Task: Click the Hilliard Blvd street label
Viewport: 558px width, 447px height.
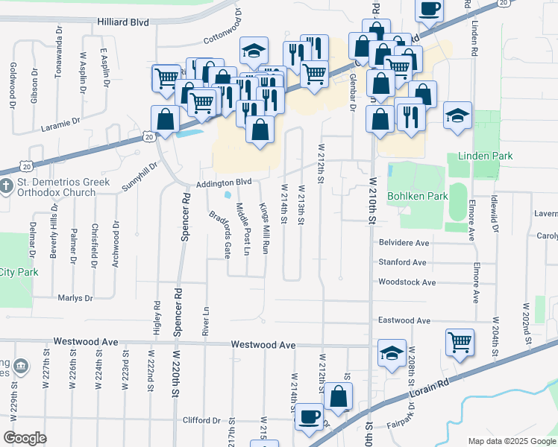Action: [123, 24]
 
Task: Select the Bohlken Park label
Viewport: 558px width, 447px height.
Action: [416, 197]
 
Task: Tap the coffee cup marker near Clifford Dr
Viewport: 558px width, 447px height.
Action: [309, 417]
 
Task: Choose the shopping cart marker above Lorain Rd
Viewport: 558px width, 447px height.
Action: [460, 343]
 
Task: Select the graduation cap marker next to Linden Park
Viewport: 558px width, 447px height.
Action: [457, 115]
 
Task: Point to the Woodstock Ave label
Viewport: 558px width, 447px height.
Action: [407, 282]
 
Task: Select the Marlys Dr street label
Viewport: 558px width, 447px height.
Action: [75, 298]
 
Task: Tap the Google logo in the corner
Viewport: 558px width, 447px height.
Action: [25, 438]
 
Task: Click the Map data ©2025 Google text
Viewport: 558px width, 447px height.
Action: [511, 441]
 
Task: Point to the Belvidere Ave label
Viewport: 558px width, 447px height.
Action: [404, 243]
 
